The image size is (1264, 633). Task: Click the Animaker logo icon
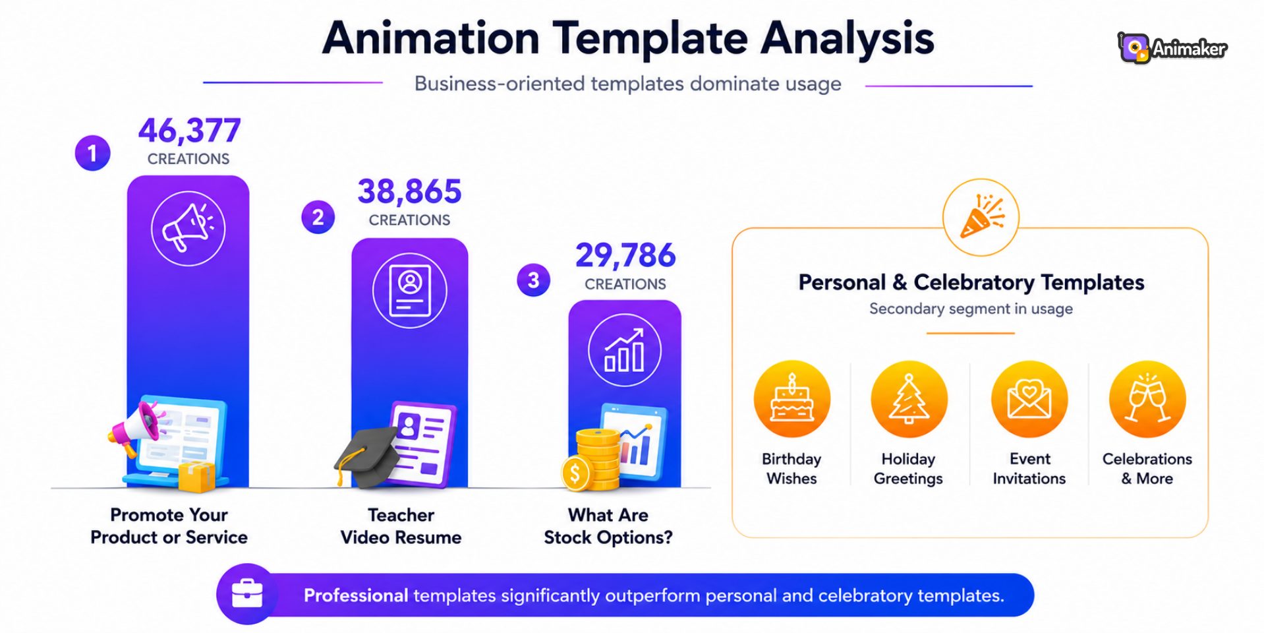(x=1134, y=48)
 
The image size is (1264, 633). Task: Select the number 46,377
(x=189, y=131)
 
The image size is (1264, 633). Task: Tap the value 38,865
(x=409, y=192)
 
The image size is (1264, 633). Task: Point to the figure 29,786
(x=625, y=256)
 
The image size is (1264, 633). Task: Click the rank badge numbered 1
(x=92, y=153)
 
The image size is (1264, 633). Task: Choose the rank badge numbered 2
(x=318, y=217)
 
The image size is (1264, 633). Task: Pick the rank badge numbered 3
(x=533, y=280)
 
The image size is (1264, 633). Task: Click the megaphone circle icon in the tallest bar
(x=188, y=228)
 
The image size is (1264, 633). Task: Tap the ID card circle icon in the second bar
(x=409, y=290)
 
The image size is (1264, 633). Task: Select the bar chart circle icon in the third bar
(x=624, y=351)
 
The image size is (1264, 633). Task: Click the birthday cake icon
(x=792, y=399)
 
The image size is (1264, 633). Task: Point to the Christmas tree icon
(x=909, y=399)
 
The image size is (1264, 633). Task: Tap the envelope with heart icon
(x=1029, y=399)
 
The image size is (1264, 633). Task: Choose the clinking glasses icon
(x=1147, y=399)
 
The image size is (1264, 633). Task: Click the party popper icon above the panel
(x=981, y=217)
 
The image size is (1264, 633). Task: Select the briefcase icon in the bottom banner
(x=247, y=594)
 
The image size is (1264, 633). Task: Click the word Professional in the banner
(x=356, y=595)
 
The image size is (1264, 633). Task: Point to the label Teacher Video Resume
(x=401, y=526)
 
